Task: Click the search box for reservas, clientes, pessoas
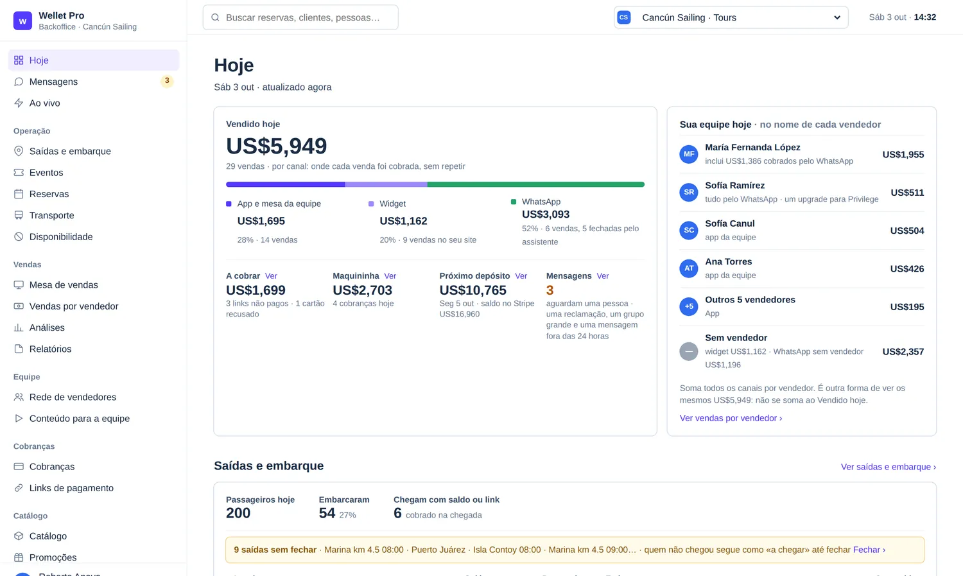300,17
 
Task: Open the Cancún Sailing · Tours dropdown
731,17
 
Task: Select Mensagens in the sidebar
53,82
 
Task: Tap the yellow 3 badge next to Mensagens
167,81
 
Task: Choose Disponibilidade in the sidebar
60,237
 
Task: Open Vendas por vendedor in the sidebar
74,306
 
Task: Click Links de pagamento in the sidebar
71,488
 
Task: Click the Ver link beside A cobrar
271,276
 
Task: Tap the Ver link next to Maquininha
390,276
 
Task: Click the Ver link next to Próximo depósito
521,276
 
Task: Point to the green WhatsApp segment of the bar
535,184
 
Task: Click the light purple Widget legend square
371,204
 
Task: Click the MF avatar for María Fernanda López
689,154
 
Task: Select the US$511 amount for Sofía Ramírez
907,193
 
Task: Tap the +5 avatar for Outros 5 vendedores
689,306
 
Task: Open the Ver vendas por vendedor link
731,418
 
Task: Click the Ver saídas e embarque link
888,467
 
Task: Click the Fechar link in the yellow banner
869,550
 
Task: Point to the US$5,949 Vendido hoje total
277,146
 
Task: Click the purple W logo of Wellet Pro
22,21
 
